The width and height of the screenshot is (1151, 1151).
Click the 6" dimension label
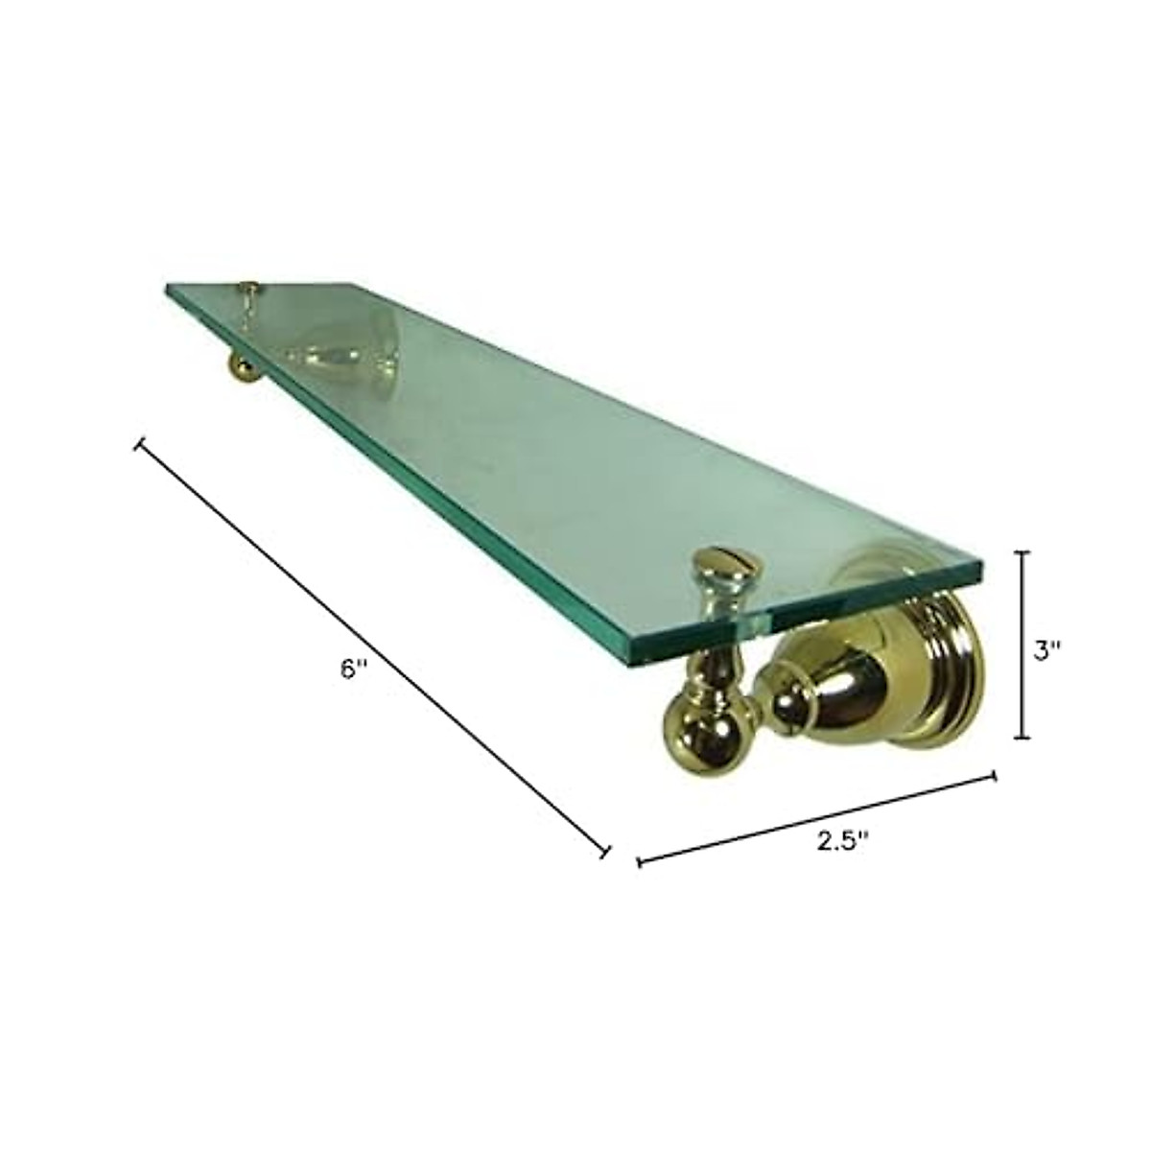click(354, 669)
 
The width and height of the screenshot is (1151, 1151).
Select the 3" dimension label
click(1046, 649)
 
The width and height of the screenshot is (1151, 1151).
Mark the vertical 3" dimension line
click(1022, 645)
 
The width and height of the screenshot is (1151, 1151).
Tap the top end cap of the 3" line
click(1022, 552)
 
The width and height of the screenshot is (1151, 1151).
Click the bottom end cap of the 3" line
click(1022, 738)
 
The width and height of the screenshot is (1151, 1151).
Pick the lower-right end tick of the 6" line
click(606, 851)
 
